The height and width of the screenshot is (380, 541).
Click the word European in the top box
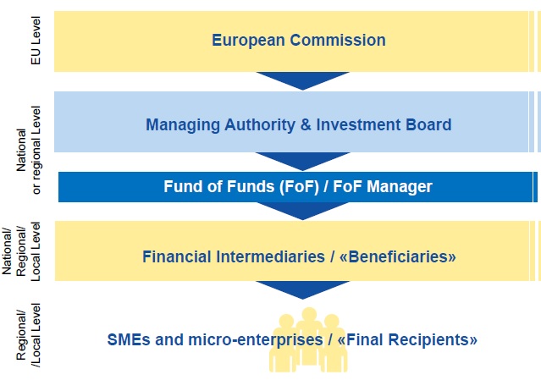click(248, 41)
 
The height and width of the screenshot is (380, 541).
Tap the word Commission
click(338, 40)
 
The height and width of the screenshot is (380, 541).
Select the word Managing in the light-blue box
click(183, 125)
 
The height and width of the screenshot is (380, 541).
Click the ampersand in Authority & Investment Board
click(306, 124)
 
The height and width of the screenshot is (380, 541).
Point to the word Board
click(428, 124)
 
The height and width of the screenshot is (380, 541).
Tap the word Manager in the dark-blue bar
click(400, 187)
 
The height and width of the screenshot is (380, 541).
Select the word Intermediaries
click(271, 256)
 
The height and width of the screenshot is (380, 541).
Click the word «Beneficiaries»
click(397, 256)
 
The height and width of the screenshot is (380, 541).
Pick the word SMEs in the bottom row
click(129, 339)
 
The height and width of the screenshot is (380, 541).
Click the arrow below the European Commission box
click(302, 80)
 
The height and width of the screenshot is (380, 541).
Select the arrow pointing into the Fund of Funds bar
click(302, 161)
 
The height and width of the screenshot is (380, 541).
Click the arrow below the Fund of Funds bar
click(302, 211)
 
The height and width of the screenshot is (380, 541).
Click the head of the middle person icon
click(309, 315)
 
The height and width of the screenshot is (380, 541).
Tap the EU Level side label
click(36, 41)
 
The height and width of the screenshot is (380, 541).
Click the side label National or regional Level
click(28, 150)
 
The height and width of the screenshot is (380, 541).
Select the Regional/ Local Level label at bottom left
click(28, 335)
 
